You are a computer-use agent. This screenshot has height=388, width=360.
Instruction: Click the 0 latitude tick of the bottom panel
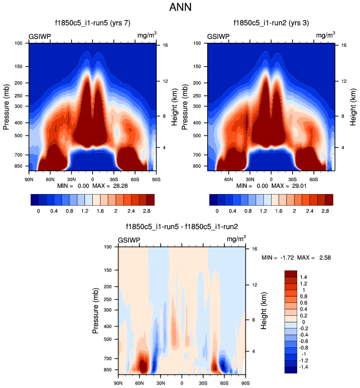coord(182,383)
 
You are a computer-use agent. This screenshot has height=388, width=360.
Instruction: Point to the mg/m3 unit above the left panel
coord(147,36)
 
